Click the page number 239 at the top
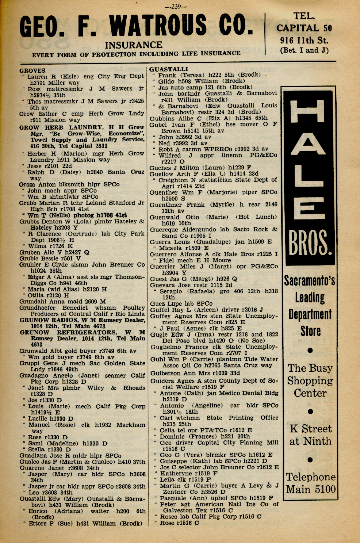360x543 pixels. [x=176, y=6]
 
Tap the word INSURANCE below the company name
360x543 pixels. [x=134, y=45]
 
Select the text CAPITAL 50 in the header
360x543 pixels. [x=304, y=28]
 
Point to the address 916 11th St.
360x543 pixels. [x=304, y=40]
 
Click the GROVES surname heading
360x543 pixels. [x=32, y=70]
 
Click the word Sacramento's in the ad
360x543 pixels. [x=310, y=280]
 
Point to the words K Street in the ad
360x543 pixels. [x=311, y=429]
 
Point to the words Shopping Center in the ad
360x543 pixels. [x=310, y=387]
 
